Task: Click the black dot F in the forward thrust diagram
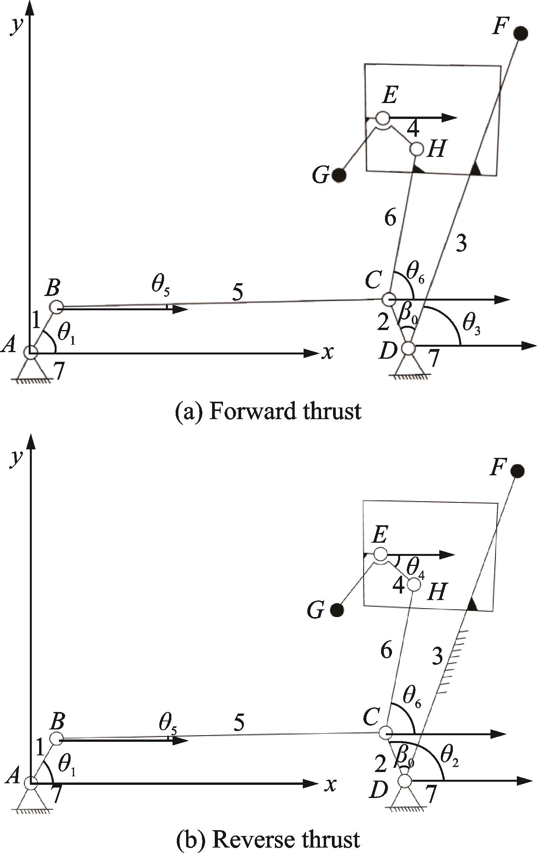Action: coord(521,33)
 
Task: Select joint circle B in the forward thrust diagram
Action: coord(57,307)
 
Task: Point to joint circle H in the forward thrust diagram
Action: coord(417,148)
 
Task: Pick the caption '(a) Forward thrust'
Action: coord(268,411)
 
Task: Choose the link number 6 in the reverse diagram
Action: coord(386,649)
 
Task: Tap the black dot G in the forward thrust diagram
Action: coord(339,175)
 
